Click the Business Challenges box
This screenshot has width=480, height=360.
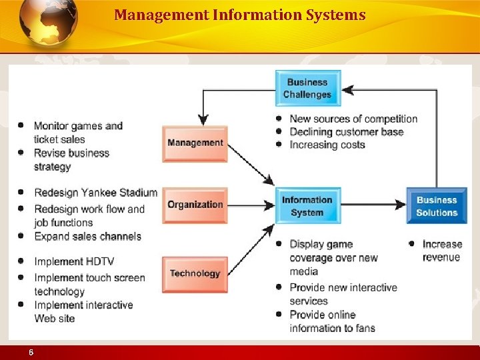pos(308,88)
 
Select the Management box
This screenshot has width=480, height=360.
pos(195,143)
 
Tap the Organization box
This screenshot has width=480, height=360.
pos(195,205)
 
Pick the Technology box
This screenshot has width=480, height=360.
pos(195,274)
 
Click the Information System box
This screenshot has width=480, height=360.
pos(307,206)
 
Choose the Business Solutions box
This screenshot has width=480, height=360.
pos(437,206)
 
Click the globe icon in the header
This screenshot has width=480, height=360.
pos(48,21)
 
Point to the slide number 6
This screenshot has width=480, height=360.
pos(31,353)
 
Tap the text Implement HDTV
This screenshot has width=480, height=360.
pos(74,261)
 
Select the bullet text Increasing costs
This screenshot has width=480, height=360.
pos(327,145)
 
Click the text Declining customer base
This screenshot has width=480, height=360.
pos(347,132)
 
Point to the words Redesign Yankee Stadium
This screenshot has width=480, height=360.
pos(95,193)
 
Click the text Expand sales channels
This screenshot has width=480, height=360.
pos(87,236)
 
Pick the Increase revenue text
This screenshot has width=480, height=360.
pos(441,251)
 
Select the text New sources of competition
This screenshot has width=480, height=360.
pos(353,119)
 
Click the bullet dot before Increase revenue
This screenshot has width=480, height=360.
pos(412,244)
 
